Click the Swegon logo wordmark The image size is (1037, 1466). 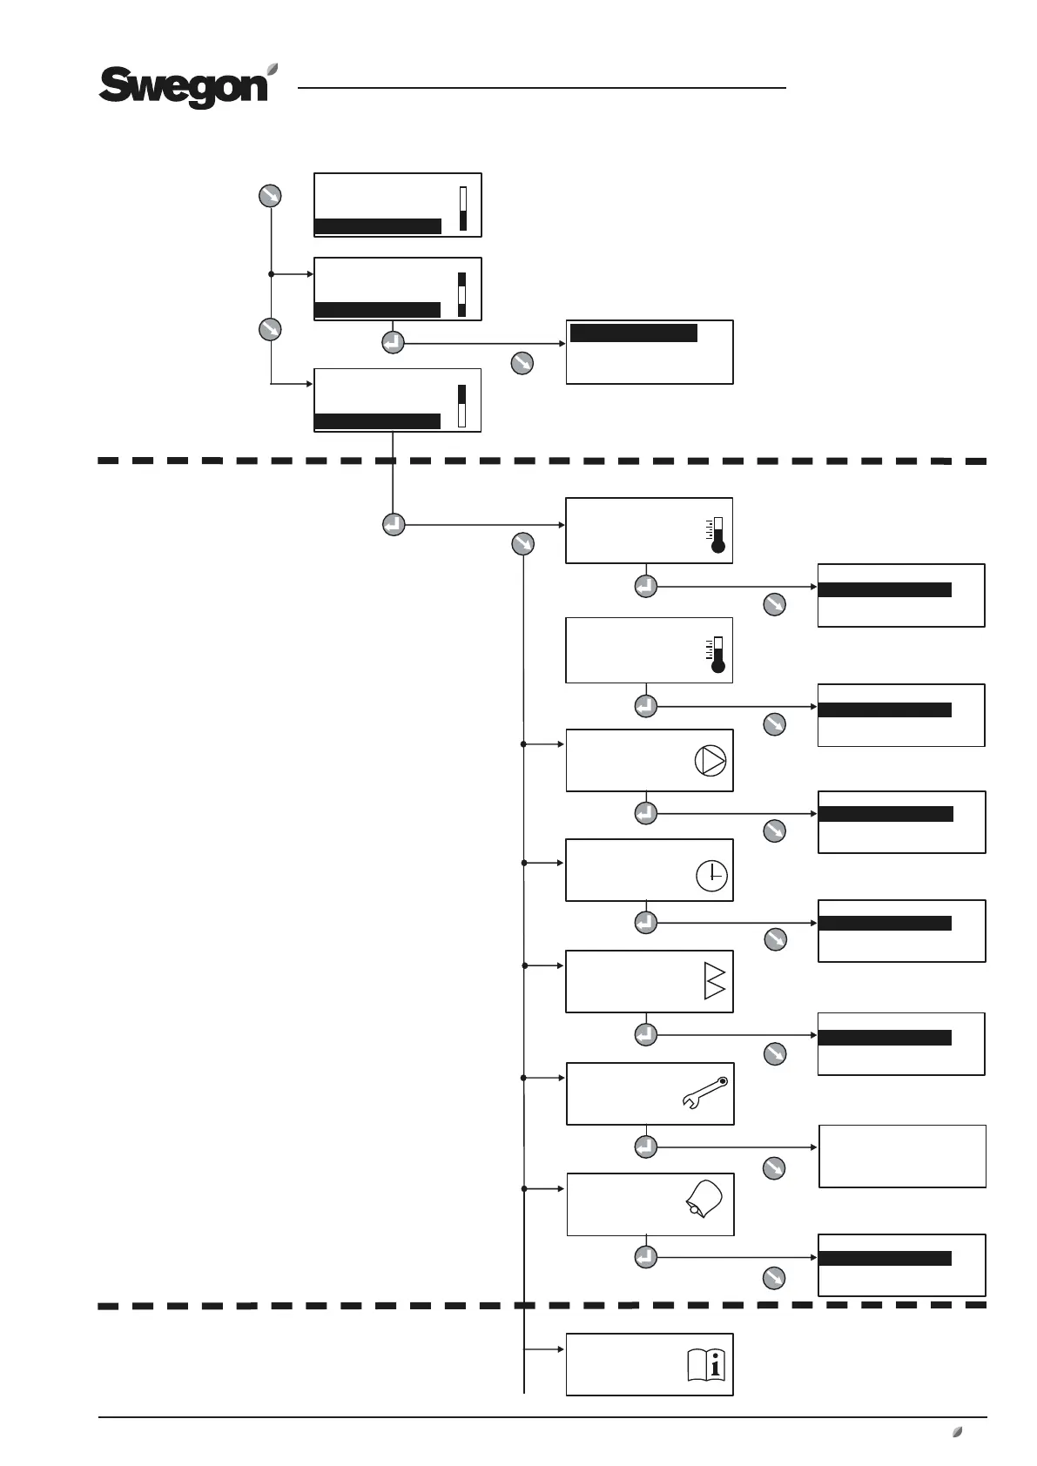click(x=183, y=88)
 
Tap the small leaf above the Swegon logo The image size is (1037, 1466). click(x=273, y=69)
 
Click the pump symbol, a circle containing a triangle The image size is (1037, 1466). click(x=710, y=760)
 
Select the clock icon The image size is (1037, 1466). click(x=712, y=876)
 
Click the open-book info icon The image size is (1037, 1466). click(x=706, y=1364)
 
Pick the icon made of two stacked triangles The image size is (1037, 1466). click(x=714, y=981)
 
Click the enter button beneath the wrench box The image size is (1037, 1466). click(x=645, y=1147)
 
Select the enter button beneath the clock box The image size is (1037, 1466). click(x=645, y=921)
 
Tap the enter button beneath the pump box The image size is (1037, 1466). click(x=645, y=813)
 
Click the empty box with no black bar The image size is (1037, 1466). click(x=902, y=1156)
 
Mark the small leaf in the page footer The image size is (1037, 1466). click(x=957, y=1432)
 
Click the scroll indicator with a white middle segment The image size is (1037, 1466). click(x=462, y=295)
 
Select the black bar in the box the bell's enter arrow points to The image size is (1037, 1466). click(x=885, y=1258)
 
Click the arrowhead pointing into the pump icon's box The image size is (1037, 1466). click(x=562, y=744)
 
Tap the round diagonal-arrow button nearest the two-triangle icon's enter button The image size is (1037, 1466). click(x=774, y=1054)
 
